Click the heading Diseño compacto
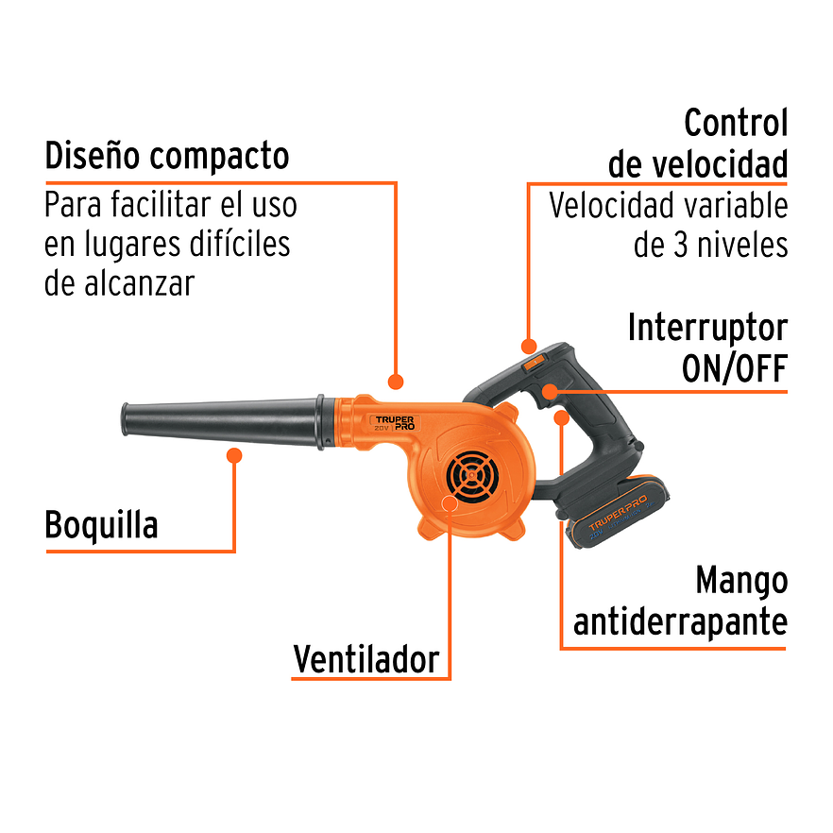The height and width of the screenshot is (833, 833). click(166, 155)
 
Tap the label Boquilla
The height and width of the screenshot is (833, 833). click(101, 525)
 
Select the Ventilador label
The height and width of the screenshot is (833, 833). click(365, 658)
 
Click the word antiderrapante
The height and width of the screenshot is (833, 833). click(680, 622)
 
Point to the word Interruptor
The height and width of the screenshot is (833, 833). click(706, 329)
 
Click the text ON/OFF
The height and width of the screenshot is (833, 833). click(734, 369)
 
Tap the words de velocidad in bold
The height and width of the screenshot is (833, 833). click(697, 165)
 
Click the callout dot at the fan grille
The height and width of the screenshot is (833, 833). click(450, 503)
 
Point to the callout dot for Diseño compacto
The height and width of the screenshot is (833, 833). click(396, 382)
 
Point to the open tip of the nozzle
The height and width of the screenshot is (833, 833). click(125, 419)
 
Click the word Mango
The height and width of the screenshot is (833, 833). click(741, 581)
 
